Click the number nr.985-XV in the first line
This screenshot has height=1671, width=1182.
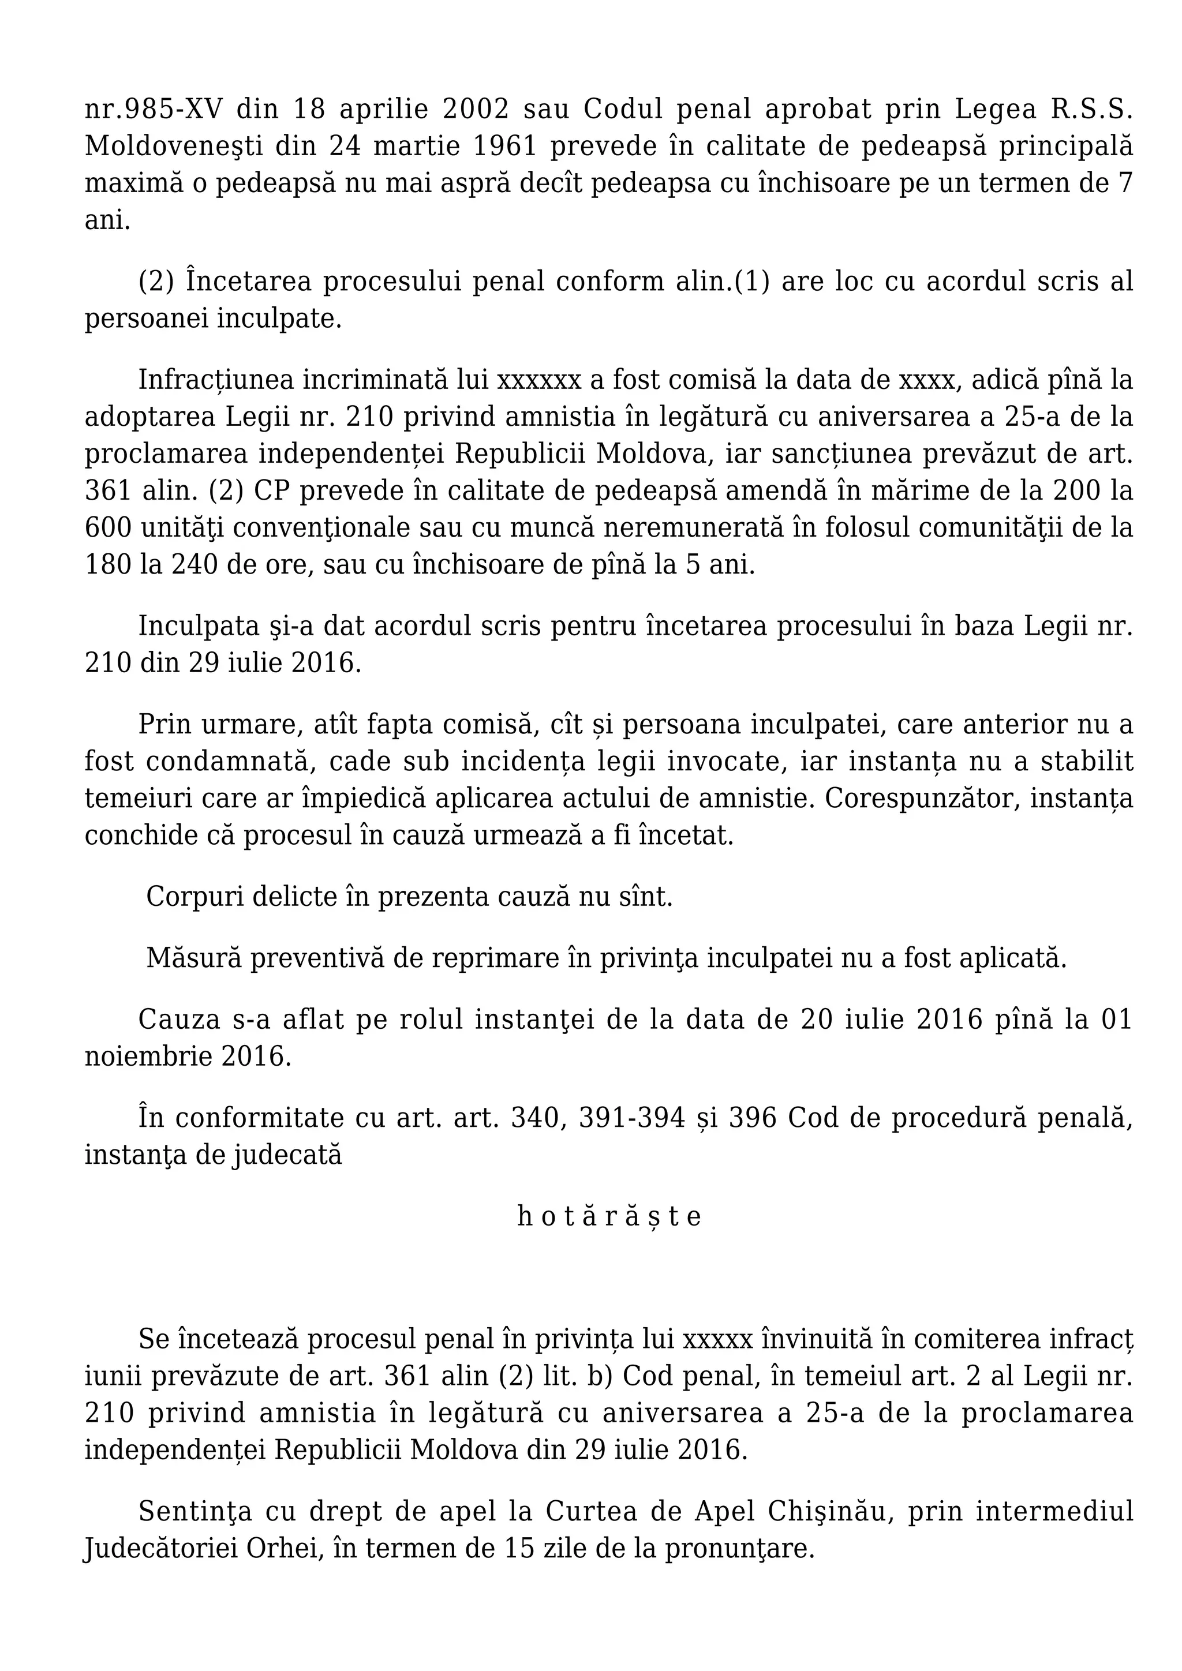tap(154, 109)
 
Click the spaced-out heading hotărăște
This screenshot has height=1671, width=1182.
tap(609, 1216)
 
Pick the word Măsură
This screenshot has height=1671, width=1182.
tap(193, 958)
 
